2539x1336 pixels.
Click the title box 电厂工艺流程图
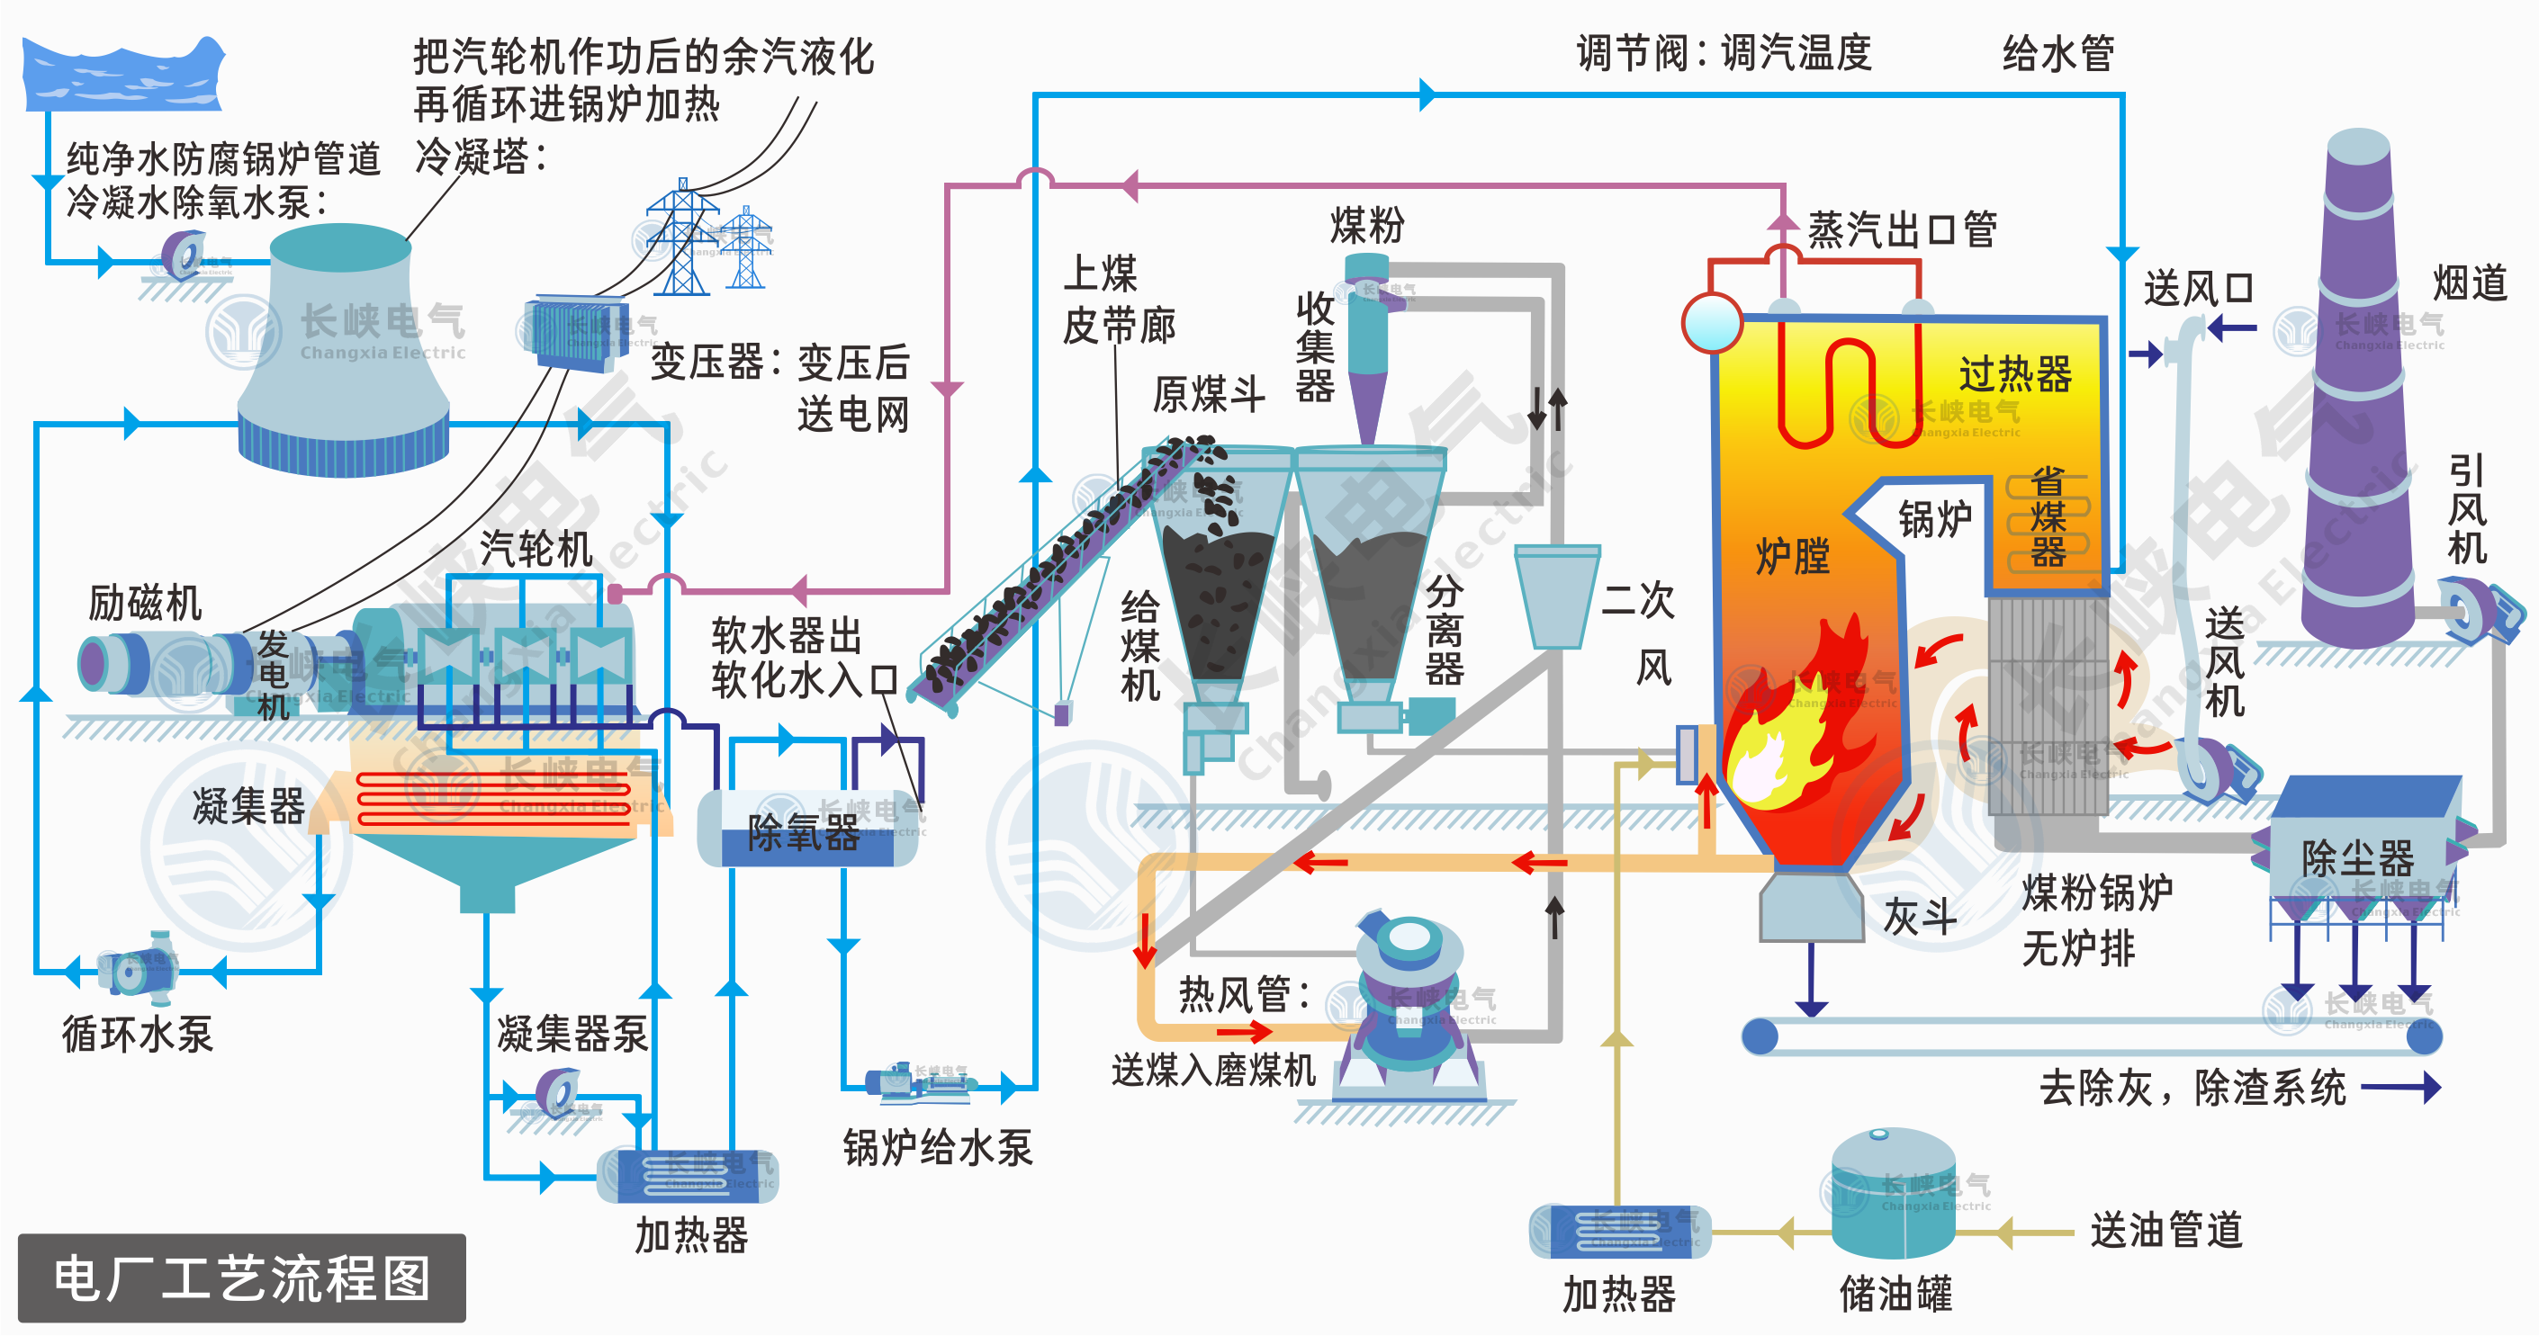click(241, 1278)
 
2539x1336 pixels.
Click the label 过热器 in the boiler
click(2014, 374)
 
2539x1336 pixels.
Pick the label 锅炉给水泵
click(937, 1149)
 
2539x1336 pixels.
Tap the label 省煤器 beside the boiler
click(2048, 517)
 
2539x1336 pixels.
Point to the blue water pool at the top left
click(123, 75)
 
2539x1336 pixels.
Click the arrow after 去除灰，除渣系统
click(2400, 1088)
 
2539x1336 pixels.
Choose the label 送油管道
click(2166, 1231)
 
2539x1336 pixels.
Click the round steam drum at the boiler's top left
click(1712, 323)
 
